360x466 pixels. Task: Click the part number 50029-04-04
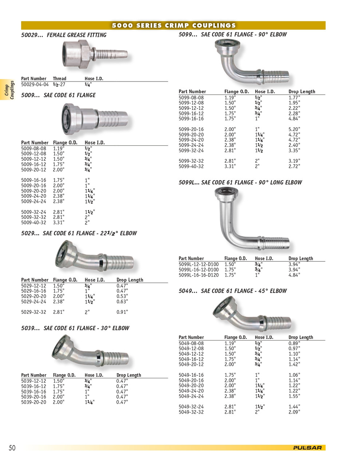click(x=35, y=84)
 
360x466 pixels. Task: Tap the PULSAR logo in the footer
click(x=307, y=448)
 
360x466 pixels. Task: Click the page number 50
click(x=12, y=448)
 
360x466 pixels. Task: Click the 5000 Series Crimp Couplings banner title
click(x=174, y=25)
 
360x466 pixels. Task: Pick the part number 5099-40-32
click(x=191, y=166)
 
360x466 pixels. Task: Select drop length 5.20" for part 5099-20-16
click(x=294, y=129)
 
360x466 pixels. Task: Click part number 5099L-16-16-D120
click(x=199, y=275)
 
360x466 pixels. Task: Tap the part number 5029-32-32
click(x=33, y=312)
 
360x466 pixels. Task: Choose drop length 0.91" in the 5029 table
click(x=122, y=312)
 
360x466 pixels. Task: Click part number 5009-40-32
click(x=33, y=223)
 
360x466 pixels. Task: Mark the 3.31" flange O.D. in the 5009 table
click(x=59, y=223)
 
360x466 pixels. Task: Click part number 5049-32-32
click(x=191, y=412)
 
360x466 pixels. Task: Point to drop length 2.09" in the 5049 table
click(x=294, y=412)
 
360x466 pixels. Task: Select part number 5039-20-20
click(x=33, y=402)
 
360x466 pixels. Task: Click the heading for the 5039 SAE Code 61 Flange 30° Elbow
click(x=75, y=328)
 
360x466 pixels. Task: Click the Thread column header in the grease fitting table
click(x=59, y=79)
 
